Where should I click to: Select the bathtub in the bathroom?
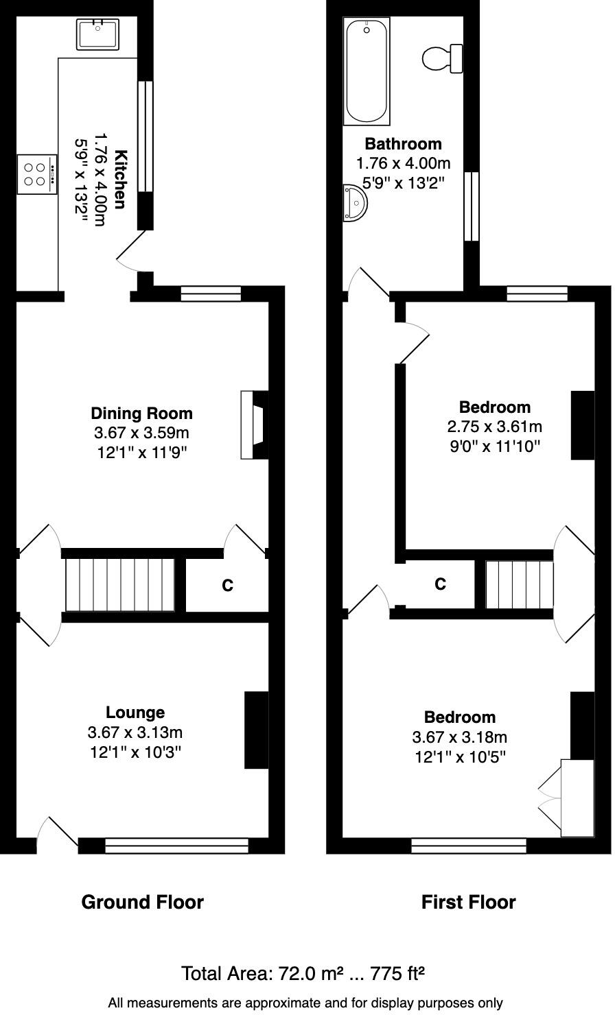pos(367,71)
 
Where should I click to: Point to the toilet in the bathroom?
pos(442,58)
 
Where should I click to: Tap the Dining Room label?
pos(141,414)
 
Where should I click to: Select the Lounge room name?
pos(135,713)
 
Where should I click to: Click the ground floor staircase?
pos(120,584)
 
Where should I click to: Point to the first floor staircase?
pos(519,584)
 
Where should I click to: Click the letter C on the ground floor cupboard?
pos(227,586)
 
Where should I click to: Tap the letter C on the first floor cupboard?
pos(440,584)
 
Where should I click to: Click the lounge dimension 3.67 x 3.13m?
pos(135,732)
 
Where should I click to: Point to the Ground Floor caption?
pos(142,902)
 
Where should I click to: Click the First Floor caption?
pos(468,902)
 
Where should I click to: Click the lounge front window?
pos(176,846)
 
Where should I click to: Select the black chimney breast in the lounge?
pos(257,730)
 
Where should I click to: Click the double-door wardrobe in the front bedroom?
pos(577,798)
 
